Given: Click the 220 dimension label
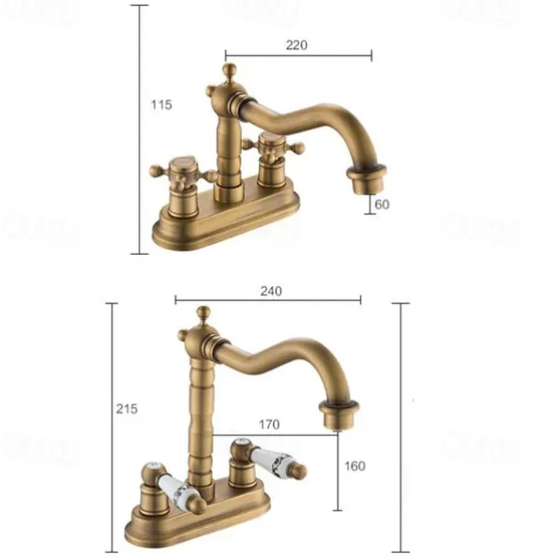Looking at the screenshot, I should coord(296,44).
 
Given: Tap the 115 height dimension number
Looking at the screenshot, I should coord(160,104).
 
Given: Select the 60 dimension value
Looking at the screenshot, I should coord(381,204).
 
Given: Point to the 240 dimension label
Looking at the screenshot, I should coord(270,291).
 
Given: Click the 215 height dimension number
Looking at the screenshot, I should coord(126,409).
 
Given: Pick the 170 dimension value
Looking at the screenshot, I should coord(269,424).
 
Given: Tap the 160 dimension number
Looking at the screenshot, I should coord(354,466).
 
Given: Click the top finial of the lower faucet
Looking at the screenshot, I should coord(204,314).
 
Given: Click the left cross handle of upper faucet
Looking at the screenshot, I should coord(181,172).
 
